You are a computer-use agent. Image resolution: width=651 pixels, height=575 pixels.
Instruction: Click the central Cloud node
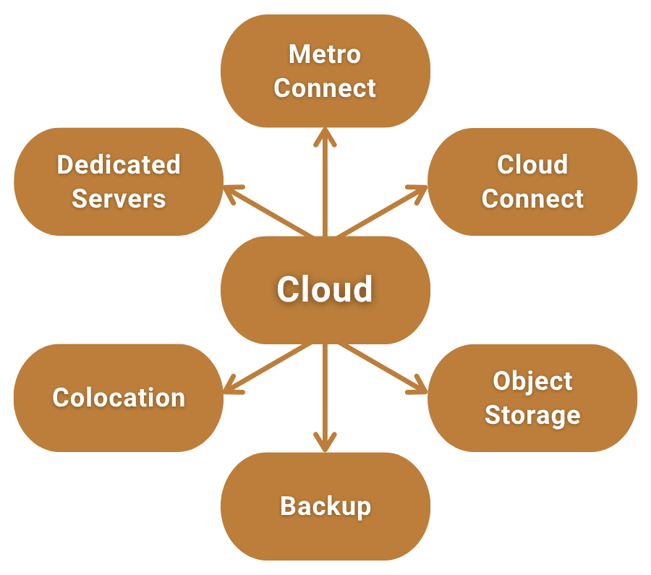(x=325, y=289)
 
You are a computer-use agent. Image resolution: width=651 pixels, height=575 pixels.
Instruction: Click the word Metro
(x=325, y=54)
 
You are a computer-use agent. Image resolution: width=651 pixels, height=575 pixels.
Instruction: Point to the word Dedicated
(x=119, y=165)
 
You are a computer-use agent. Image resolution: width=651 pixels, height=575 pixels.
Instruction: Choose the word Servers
(x=119, y=199)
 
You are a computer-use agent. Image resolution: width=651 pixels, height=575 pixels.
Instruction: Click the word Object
(x=532, y=381)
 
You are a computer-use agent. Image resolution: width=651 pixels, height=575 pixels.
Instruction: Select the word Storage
(x=532, y=415)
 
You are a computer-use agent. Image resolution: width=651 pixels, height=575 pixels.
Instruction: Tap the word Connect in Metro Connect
(x=325, y=88)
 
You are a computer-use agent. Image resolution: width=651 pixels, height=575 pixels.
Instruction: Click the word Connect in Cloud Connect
(x=532, y=199)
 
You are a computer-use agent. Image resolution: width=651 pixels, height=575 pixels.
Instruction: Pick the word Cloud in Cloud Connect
(x=532, y=165)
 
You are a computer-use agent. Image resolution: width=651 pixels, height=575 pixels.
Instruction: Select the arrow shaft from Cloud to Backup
(x=325, y=391)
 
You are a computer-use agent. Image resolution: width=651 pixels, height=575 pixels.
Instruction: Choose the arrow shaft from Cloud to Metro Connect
(x=325, y=188)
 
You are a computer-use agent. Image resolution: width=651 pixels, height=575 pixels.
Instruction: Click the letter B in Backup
(x=288, y=506)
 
